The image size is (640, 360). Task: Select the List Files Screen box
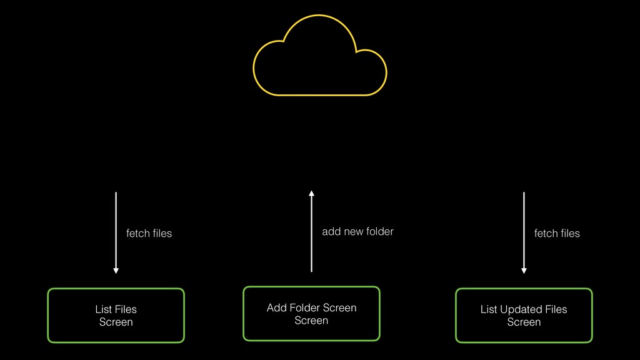click(116, 316)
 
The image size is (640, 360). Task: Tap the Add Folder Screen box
click(311, 314)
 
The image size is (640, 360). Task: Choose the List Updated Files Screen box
click(524, 316)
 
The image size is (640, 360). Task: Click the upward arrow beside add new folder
click(311, 231)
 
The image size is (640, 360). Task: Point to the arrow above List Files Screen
click(116, 232)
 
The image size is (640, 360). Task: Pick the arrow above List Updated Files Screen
click(524, 232)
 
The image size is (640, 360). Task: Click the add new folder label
click(357, 232)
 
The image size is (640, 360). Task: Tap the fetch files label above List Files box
click(149, 233)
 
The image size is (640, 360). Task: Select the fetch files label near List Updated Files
click(557, 233)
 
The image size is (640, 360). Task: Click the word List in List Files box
click(104, 309)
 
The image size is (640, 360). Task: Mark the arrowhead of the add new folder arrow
click(311, 193)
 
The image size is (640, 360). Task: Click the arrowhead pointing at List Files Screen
click(116, 271)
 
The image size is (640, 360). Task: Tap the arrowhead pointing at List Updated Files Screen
click(524, 271)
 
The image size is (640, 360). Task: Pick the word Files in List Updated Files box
click(556, 309)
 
